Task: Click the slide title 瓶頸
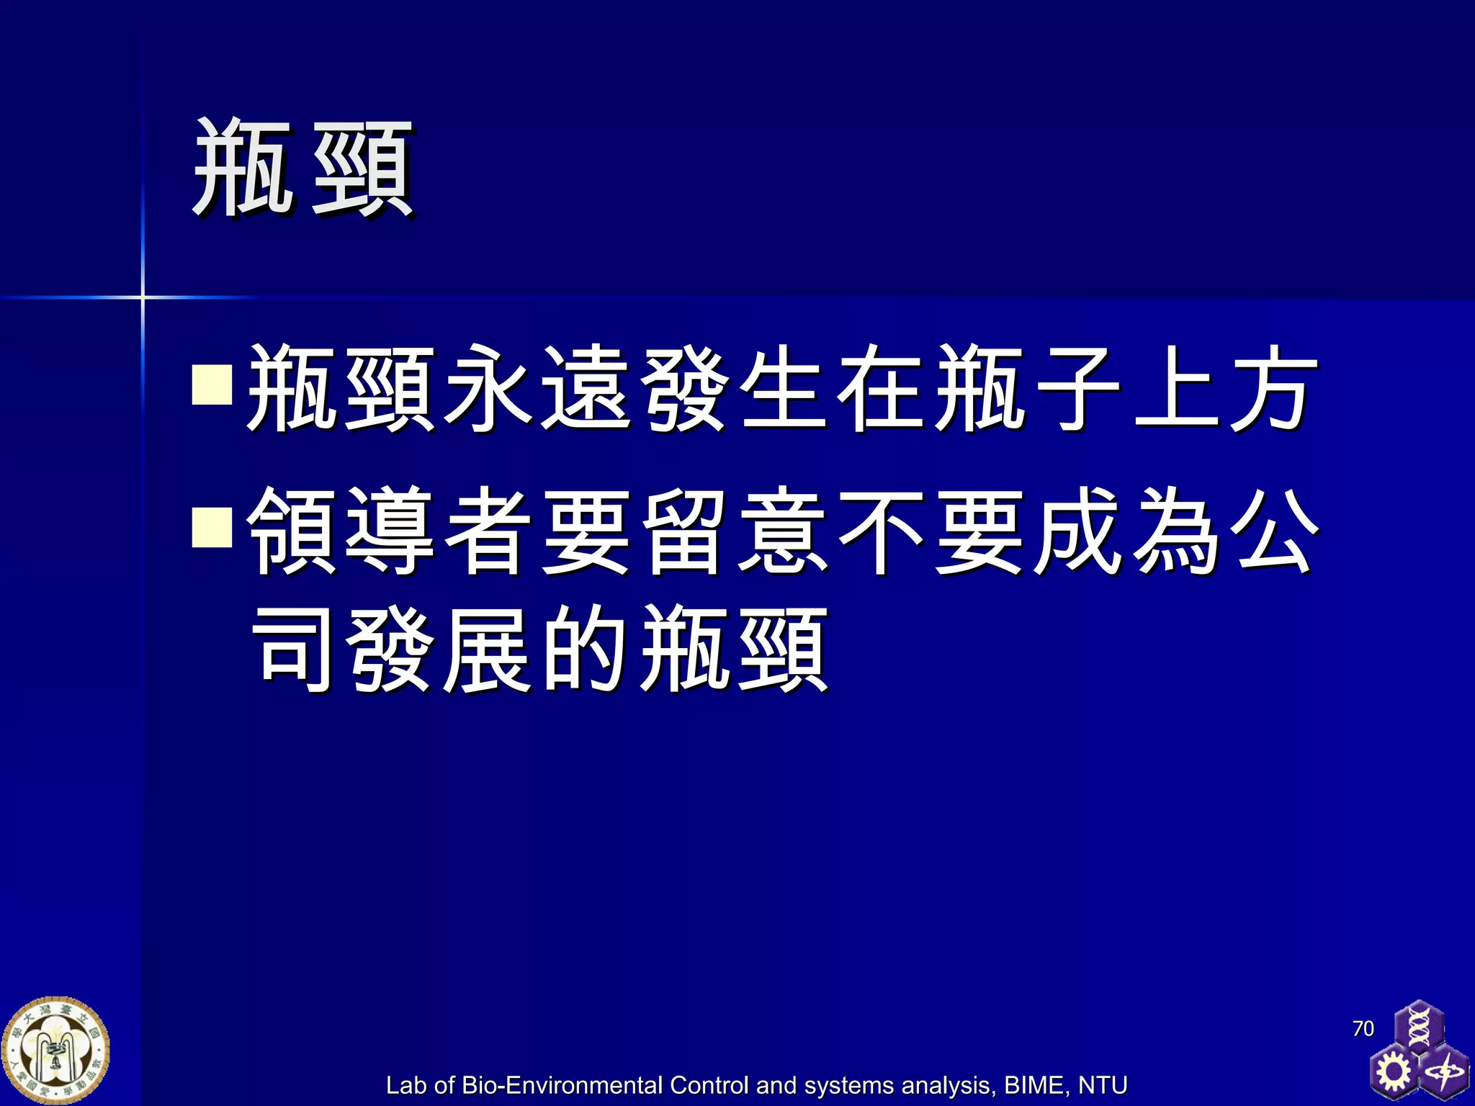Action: coord(302,169)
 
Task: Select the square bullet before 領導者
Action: coord(212,528)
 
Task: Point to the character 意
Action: coord(784,531)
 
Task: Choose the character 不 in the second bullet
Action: coord(882,531)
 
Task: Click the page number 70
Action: coord(1363,1028)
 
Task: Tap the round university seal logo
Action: coord(55,1051)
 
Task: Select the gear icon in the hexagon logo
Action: coord(1394,1071)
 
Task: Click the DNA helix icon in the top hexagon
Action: coord(1418,1026)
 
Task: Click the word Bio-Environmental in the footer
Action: coord(562,1084)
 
